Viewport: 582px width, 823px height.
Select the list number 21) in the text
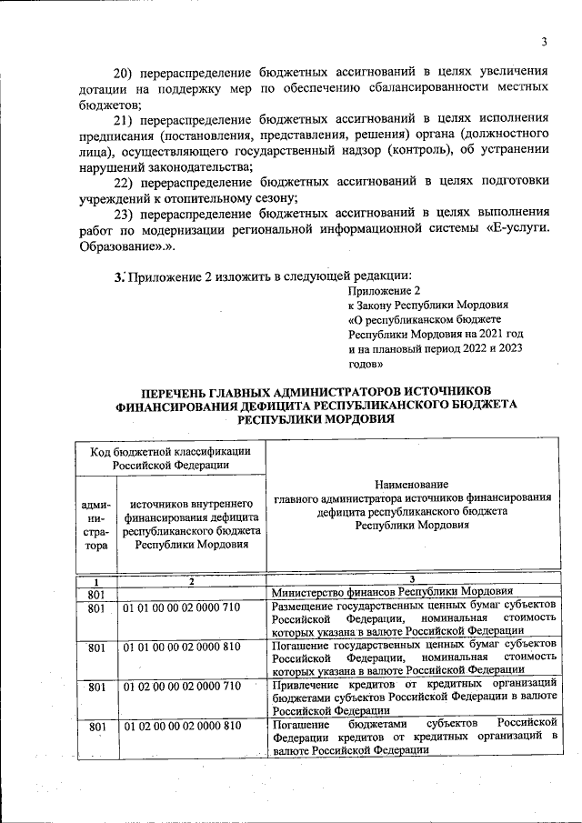point(123,119)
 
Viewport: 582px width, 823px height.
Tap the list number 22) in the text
point(123,182)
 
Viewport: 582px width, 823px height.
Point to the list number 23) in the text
point(123,214)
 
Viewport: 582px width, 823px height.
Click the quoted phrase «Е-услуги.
point(517,229)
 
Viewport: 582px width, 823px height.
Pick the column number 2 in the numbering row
point(192,581)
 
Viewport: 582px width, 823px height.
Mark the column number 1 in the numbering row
point(96,581)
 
